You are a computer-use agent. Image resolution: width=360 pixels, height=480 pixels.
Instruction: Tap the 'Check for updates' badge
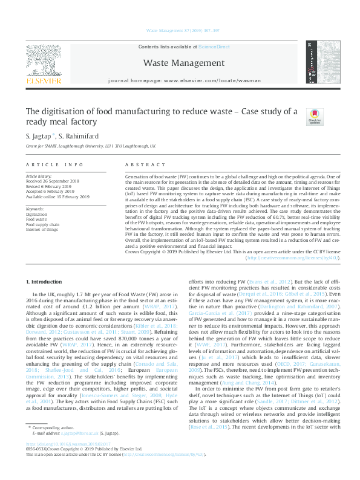[315, 116]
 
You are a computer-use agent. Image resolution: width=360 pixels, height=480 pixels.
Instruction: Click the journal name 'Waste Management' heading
[180, 62]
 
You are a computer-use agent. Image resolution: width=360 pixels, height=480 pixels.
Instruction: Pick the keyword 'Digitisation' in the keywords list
[37, 214]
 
